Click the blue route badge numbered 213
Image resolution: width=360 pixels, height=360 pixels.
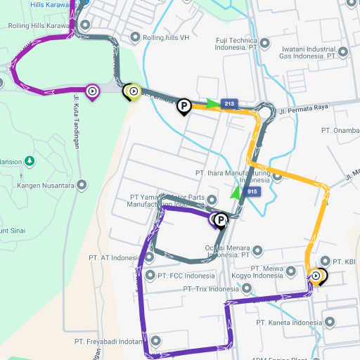click(229, 103)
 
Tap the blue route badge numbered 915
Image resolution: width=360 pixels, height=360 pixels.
click(252, 191)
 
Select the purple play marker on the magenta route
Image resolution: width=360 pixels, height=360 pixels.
click(92, 91)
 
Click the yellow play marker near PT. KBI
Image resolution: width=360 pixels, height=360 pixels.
click(317, 276)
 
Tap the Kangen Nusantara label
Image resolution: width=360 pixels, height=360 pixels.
click(47, 186)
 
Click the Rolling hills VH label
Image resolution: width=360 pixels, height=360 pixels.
click(166, 37)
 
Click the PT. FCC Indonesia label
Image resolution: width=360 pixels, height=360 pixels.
click(186, 276)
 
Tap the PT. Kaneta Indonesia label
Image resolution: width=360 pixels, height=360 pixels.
click(288, 323)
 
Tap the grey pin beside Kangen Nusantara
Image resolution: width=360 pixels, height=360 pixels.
click(82, 186)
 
